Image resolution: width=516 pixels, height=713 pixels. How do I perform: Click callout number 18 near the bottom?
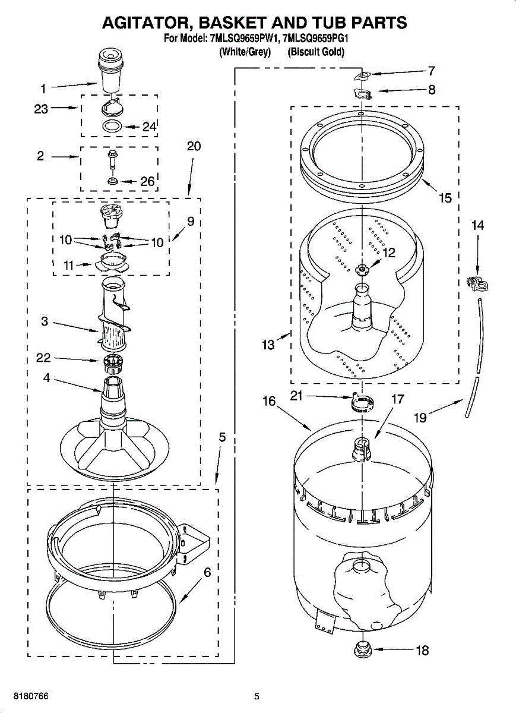[422, 651]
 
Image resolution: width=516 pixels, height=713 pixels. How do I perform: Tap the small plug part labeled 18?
[362, 649]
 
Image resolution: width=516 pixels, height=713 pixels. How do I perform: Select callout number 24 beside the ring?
[149, 127]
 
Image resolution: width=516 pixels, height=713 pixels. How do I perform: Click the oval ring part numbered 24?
[112, 127]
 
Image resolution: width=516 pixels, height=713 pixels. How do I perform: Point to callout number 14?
[477, 225]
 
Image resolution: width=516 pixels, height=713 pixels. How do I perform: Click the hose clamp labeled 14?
[477, 285]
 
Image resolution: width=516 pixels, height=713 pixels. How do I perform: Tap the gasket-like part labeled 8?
[361, 93]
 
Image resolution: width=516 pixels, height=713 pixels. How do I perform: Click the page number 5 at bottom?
[257, 696]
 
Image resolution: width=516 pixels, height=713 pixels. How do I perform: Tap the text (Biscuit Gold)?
[316, 52]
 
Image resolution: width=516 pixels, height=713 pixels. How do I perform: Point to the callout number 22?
[43, 358]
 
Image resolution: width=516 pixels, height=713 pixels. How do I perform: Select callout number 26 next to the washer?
[147, 182]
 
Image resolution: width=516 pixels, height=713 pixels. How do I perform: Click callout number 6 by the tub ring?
[207, 573]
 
